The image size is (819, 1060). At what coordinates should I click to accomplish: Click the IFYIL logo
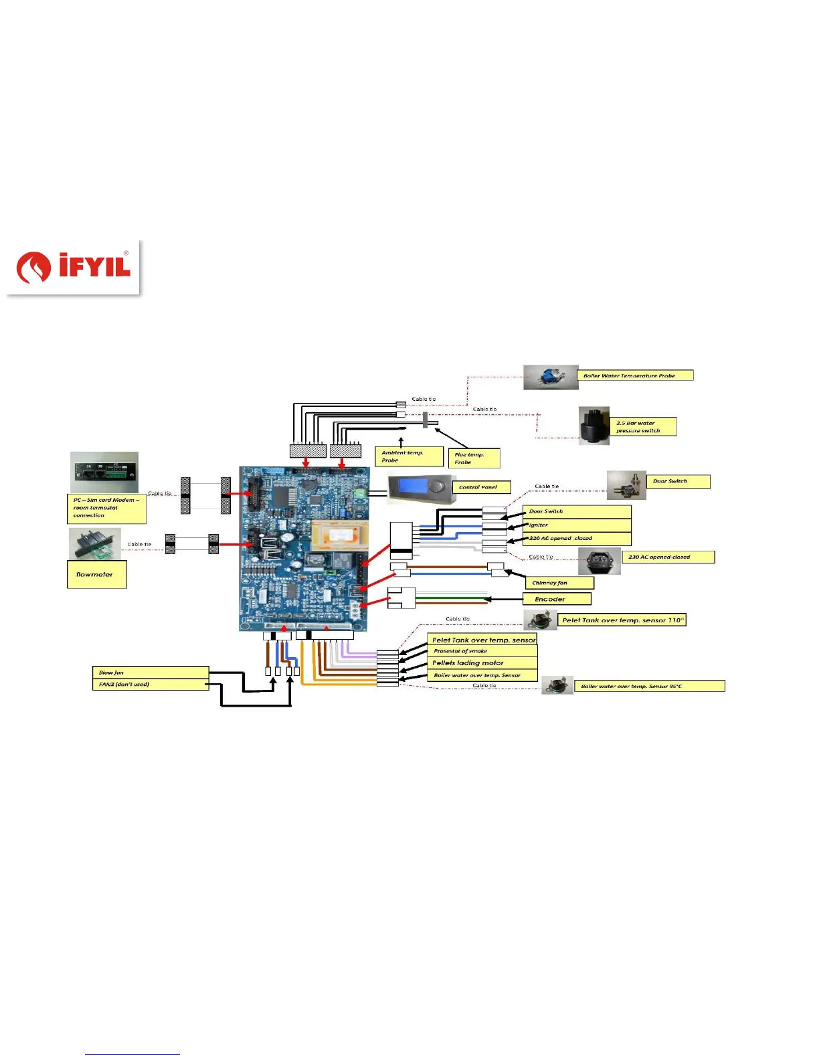click(x=73, y=268)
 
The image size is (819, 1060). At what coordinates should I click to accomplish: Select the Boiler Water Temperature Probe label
click(x=634, y=375)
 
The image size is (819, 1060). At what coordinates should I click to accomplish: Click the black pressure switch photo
click(x=594, y=426)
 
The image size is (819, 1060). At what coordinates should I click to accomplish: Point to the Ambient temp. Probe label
click(x=408, y=456)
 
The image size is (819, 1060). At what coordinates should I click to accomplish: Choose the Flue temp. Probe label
click(x=473, y=458)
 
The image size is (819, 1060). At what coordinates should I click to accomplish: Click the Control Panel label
click(x=482, y=487)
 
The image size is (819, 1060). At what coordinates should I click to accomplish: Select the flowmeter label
click(x=96, y=574)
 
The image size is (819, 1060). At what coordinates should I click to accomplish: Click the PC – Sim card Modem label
click(x=107, y=508)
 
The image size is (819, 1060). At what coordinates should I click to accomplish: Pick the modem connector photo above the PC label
click(x=104, y=472)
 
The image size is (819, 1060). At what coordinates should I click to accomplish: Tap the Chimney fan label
click(x=559, y=583)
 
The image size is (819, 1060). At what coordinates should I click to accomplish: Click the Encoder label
click(x=557, y=599)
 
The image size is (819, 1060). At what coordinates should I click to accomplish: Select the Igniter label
click(x=576, y=525)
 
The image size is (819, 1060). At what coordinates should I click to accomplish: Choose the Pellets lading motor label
click(x=482, y=663)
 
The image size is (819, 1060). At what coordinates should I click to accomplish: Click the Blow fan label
click(x=150, y=673)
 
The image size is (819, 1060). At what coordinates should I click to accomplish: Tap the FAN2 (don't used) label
click(x=150, y=685)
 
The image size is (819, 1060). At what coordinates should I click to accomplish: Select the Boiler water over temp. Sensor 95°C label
click(x=648, y=686)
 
